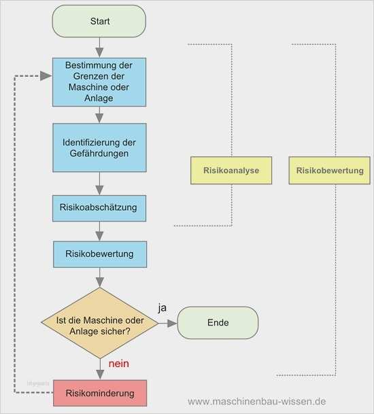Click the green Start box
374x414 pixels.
click(99, 21)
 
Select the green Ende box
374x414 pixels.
click(218, 323)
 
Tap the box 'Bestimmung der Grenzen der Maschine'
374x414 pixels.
click(99, 81)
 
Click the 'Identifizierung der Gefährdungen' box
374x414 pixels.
click(99, 148)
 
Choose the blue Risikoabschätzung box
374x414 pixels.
click(99, 208)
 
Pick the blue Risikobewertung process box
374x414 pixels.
click(99, 254)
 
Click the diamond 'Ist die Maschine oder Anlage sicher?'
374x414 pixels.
click(99, 323)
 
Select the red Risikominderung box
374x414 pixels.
click(99, 394)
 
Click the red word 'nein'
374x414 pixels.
click(118, 364)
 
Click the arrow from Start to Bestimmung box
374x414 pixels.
click(99, 47)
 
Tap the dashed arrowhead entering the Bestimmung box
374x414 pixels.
click(46, 76)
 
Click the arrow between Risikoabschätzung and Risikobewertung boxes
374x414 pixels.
click(99, 231)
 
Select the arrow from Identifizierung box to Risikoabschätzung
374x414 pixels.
click(99, 184)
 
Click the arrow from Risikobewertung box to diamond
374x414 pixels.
click(99, 277)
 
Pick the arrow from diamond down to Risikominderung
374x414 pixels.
click(99, 368)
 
